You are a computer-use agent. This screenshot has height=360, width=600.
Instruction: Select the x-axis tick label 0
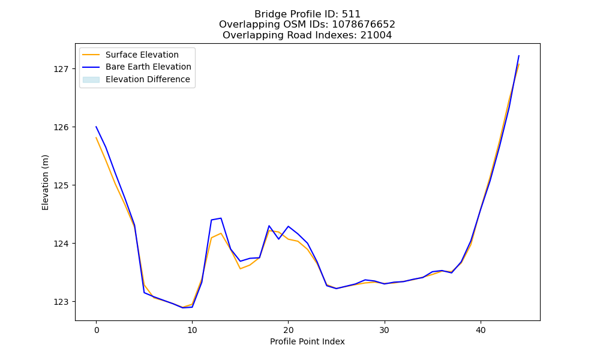97,330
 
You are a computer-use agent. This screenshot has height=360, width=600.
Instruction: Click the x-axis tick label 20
289,330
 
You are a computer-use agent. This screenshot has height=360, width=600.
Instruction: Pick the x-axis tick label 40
481,330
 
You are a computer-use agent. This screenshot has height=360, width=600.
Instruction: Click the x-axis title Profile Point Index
307,341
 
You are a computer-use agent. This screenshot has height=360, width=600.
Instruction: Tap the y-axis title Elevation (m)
46,182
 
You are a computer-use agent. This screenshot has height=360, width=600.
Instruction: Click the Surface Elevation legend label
142,55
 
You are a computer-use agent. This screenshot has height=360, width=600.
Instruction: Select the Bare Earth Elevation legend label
148,67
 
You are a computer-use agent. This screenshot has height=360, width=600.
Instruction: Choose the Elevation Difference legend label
148,79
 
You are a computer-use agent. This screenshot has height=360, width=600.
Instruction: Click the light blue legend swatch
91,80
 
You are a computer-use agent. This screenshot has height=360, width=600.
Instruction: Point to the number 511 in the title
351,14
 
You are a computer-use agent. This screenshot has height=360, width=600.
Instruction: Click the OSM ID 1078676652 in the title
364,25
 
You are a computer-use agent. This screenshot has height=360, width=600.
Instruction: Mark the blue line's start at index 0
96,127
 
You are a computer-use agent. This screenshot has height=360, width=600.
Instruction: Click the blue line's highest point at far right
519,56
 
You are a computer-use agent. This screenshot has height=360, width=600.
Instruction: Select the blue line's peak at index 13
221,218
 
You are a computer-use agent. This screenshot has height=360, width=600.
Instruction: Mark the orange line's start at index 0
96,137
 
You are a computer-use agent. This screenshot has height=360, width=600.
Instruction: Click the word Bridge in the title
266,14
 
